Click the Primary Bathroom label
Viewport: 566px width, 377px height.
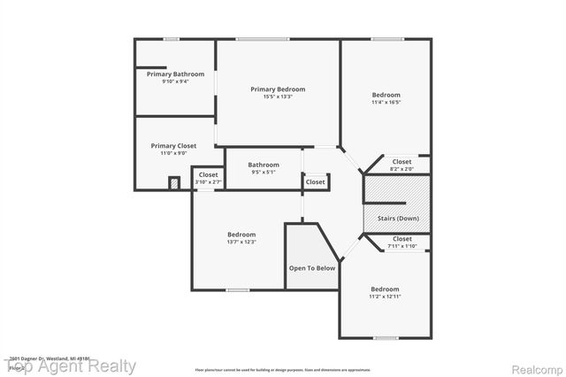[175, 73]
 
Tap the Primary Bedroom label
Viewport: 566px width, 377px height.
[278, 89]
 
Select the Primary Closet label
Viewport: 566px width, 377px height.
[173, 146]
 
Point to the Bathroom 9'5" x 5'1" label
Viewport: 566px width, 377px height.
[263, 165]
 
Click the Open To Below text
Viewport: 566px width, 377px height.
[312, 268]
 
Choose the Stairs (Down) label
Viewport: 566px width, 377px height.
[397, 219]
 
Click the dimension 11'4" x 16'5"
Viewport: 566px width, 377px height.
[386, 102]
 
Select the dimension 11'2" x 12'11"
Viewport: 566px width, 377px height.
[385, 296]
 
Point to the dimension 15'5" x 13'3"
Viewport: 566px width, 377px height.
[278, 96]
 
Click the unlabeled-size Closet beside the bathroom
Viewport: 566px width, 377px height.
[315, 181]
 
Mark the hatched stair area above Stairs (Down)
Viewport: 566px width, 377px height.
[397, 190]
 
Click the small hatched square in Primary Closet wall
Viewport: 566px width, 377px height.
[174, 183]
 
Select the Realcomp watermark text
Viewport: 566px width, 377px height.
[535, 366]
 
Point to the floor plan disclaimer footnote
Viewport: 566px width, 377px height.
[283, 369]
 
